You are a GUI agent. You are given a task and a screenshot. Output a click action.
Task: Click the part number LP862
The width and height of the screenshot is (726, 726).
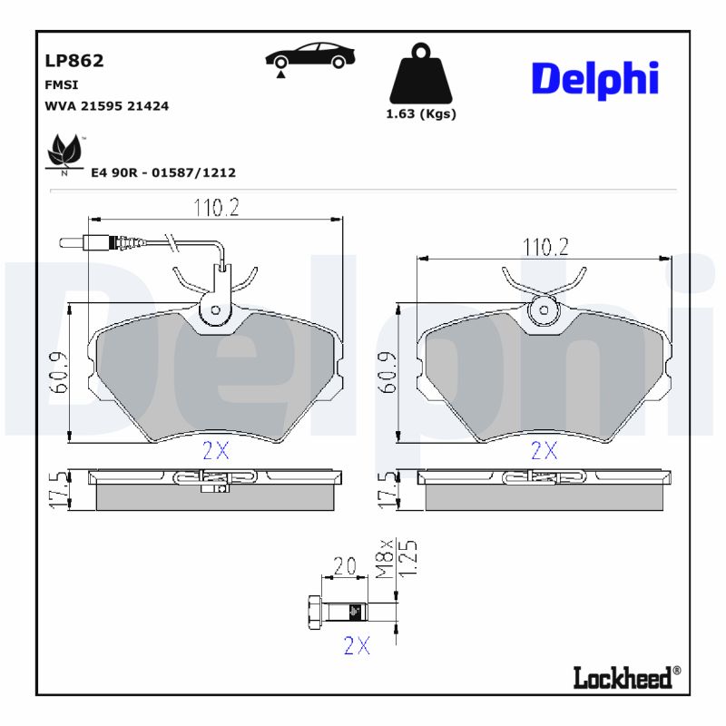(x=74, y=61)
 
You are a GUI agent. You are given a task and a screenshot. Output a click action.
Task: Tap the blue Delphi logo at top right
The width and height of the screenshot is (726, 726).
(x=594, y=80)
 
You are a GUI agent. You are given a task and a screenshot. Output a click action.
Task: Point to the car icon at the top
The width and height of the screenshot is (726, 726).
(x=309, y=55)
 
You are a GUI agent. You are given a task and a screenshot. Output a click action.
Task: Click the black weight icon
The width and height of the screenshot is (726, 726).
(x=420, y=74)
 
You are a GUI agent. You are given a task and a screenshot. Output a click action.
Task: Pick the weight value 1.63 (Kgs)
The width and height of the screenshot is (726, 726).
(x=421, y=114)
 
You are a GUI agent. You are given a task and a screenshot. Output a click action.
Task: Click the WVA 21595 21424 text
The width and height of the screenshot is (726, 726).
(x=106, y=106)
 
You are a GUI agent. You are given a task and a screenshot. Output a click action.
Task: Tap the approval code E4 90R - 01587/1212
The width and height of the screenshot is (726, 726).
(x=163, y=172)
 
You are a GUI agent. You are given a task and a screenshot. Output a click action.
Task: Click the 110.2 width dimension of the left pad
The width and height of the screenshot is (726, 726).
(x=215, y=208)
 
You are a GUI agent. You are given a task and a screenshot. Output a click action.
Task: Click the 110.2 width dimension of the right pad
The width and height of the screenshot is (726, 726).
(x=544, y=247)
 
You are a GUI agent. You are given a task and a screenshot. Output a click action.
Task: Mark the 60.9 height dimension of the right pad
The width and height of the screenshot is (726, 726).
(x=388, y=372)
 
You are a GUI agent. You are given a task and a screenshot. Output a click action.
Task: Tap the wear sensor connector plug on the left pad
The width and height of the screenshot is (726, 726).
(x=94, y=242)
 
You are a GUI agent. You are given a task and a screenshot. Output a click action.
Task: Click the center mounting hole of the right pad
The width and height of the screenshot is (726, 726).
(x=544, y=310)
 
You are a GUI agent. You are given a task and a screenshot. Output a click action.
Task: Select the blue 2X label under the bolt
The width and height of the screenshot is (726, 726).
(x=357, y=645)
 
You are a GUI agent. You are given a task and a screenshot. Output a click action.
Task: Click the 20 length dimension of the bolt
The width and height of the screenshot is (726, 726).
(x=344, y=567)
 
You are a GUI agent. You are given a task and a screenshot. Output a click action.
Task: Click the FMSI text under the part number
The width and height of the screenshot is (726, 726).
(x=60, y=83)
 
